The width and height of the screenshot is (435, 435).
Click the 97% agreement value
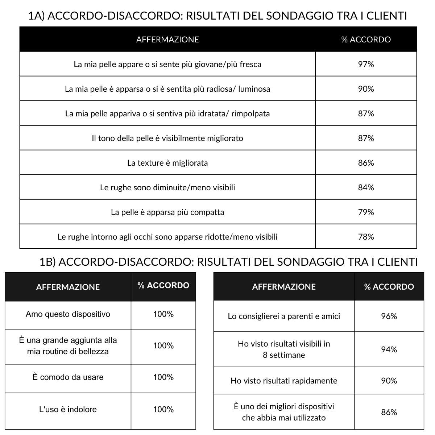pyautogui.click(x=366, y=64)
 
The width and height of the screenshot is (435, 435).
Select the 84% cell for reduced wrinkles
pyautogui.click(x=366, y=187)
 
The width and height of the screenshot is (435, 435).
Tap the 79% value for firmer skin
pyautogui.click(x=366, y=212)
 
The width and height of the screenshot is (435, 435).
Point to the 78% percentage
pyautogui.click(x=366, y=237)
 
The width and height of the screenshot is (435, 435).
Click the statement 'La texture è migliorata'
pyautogui.click(x=167, y=163)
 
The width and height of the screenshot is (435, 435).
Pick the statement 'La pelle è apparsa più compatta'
pyautogui.click(x=167, y=212)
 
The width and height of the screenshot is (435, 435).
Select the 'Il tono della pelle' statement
pyautogui.click(x=167, y=138)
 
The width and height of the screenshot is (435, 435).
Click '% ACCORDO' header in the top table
pyautogui.click(x=366, y=40)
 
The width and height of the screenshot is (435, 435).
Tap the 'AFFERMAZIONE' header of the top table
pyautogui.click(x=167, y=40)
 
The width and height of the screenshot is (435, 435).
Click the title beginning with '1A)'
pyautogui.click(x=217, y=16)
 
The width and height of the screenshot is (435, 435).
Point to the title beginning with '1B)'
pyautogui.click(x=228, y=262)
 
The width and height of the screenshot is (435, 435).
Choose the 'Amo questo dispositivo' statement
pyautogui.click(x=68, y=314)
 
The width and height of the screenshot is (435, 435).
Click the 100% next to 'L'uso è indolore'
pyautogui.click(x=163, y=409)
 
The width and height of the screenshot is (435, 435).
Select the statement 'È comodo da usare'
pyautogui.click(x=68, y=377)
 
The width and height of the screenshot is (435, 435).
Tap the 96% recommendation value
pyautogui.click(x=389, y=316)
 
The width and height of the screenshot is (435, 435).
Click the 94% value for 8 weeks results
pyautogui.click(x=389, y=349)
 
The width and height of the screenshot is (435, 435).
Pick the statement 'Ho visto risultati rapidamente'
pyautogui.click(x=284, y=381)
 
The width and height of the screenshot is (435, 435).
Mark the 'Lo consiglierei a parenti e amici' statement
pyautogui.click(x=284, y=316)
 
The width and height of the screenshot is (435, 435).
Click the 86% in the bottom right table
pyautogui.click(x=389, y=412)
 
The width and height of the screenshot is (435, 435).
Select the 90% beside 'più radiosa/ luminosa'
pyautogui.click(x=366, y=89)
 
